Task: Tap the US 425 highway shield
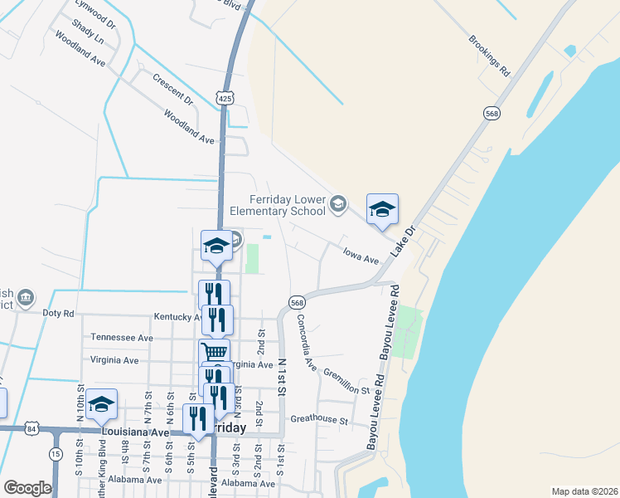[x=224, y=98]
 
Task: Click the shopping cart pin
[x=214, y=353]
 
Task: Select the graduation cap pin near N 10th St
[x=101, y=404]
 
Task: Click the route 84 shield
[x=31, y=429]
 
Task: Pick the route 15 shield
[x=56, y=454]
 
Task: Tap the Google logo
[x=27, y=488]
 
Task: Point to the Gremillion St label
[x=346, y=382]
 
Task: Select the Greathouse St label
[x=319, y=420]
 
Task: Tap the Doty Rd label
[x=58, y=313]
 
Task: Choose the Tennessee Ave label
[x=122, y=338]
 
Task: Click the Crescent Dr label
[x=172, y=90]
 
